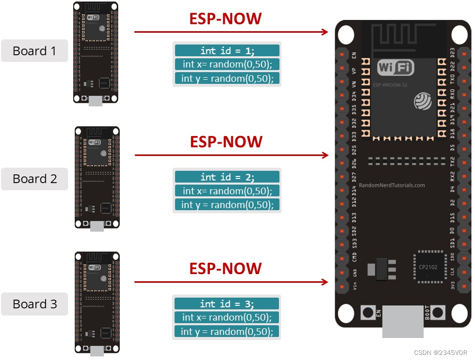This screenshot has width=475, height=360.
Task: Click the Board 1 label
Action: point(34,51)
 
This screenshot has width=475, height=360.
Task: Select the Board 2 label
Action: point(34,178)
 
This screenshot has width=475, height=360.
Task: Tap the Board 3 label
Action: point(34,304)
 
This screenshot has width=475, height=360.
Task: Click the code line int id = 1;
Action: point(227,51)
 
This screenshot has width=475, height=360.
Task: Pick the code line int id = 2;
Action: point(227,177)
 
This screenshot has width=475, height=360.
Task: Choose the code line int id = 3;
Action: point(227,304)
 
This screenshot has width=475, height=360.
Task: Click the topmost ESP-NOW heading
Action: point(226,19)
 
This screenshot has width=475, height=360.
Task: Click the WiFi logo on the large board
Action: point(395,67)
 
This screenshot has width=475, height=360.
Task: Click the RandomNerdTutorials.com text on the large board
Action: point(392,186)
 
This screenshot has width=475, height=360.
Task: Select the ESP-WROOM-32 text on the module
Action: point(390,85)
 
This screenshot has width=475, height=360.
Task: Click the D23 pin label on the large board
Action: point(452,54)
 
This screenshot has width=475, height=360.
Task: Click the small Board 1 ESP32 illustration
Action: point(96,51)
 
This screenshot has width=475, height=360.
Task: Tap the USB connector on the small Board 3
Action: point(97,351)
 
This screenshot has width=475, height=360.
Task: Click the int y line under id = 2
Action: point(227,205)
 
